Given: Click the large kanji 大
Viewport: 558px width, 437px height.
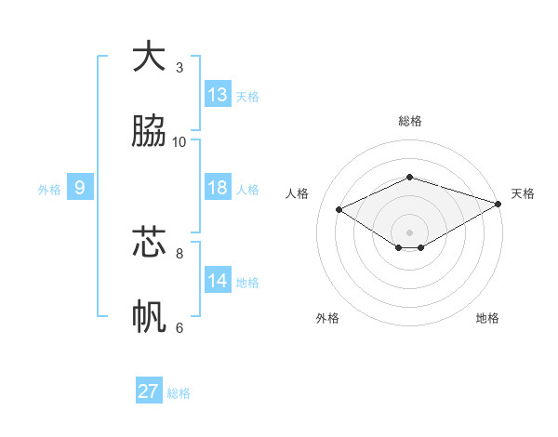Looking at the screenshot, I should pyautogui.click(x=149, y=56).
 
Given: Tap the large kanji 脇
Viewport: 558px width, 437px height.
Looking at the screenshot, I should pyautogui.click(x=149, y=131).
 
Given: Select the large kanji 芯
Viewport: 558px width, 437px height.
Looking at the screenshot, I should pyautogui.click(x=149, y=242).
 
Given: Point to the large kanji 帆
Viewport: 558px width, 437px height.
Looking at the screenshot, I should pyautogui.click(x=149, y=317).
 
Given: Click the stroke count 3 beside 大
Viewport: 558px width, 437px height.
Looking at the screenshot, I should pyautogui.click(x=179, y=67).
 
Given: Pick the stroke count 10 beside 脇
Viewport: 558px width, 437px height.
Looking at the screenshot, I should pyautogui.click(x=179, y=141).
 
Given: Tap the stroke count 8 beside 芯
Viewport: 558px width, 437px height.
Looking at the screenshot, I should pyautogui.click(x=179, y=252).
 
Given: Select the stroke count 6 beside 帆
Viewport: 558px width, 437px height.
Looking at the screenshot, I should pyautogui.click(x=179, y=327).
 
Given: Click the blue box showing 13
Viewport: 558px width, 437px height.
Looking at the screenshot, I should pyautogui.click(x=218, y=95).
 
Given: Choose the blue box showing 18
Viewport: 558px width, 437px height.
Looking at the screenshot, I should pyautogui.click(x=218, y=188).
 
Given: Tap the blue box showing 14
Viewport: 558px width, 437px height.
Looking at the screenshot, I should pyautogui.click(x=218, y=281).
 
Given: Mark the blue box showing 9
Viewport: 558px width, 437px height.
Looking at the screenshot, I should pyautogui.click(x=80, y=188).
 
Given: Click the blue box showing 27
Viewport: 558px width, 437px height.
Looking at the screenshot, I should pyautogui.click(x=149, y=391).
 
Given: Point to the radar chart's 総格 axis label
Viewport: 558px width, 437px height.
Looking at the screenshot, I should pyautogui.click(x=410, y=121).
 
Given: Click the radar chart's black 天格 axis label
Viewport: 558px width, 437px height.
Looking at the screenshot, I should pyautogui.click(x=523, y=193).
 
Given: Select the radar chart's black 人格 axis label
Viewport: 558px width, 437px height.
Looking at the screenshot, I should pyautogui.click(x=298, y=193).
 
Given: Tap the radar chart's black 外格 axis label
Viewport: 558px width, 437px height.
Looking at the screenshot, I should pyautogui.click(x=327, y=318).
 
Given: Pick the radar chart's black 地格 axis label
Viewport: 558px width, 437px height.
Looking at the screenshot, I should pyautogui.click(x=487, y=318).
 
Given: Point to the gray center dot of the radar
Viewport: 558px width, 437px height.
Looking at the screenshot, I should pyautogui.click(x=410, y=232).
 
